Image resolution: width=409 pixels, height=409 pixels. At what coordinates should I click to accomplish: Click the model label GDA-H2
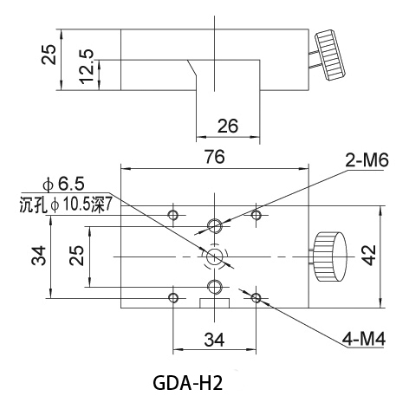pos(187,383)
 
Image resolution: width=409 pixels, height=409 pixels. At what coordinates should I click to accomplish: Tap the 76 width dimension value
pos(214,157)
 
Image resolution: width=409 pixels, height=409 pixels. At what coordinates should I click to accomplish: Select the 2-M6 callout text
pos(367,160)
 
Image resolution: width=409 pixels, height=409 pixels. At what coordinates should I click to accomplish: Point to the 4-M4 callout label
pos(364,339)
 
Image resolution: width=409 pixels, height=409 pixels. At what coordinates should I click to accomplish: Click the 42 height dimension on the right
pos(370,256)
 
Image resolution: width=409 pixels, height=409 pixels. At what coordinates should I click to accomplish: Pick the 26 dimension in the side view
pos(228,126)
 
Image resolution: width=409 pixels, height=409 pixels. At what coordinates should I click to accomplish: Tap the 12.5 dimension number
pos(88,67)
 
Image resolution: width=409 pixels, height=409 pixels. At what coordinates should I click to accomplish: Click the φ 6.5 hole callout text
pos(63,184)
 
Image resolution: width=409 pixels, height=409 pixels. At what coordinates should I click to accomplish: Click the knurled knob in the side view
pos(330,55)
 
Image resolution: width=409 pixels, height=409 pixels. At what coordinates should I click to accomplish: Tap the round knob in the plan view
pos(329,256)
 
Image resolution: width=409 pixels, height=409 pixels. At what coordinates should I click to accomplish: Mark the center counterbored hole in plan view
pos(215,256)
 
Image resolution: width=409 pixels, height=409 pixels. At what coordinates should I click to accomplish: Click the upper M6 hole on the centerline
pos(215,225)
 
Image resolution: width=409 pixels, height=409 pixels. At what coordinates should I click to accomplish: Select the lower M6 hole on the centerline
pos(215,287)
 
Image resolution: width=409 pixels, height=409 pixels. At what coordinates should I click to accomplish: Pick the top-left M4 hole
pos(173,215)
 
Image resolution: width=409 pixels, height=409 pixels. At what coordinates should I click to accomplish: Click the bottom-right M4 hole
pos(256,298)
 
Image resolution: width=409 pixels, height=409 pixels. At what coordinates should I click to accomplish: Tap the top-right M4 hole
pos(256,215)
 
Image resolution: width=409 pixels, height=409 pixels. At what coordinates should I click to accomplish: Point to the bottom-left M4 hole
pos(173,298)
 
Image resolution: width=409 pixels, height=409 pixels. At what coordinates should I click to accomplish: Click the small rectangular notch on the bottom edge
pos(215,303)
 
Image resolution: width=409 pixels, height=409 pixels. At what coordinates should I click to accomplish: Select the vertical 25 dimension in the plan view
pos(76,256)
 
